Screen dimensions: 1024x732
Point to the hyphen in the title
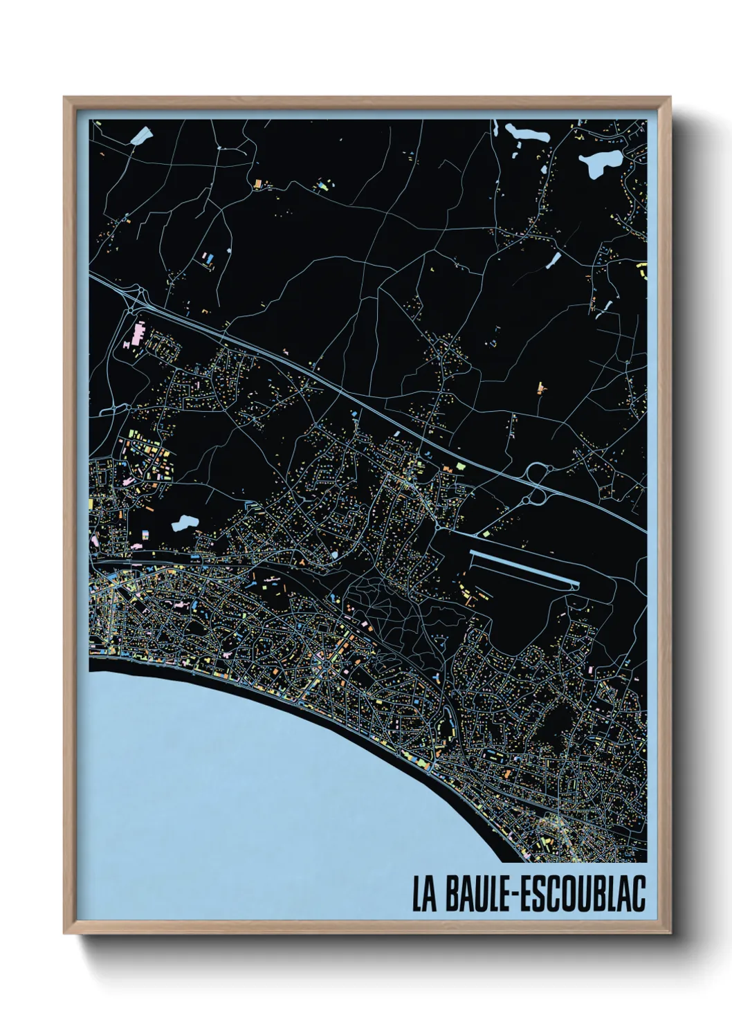point(513,895)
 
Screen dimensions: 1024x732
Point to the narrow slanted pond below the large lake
point(553,259)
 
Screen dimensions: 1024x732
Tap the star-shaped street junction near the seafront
point(325,666)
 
